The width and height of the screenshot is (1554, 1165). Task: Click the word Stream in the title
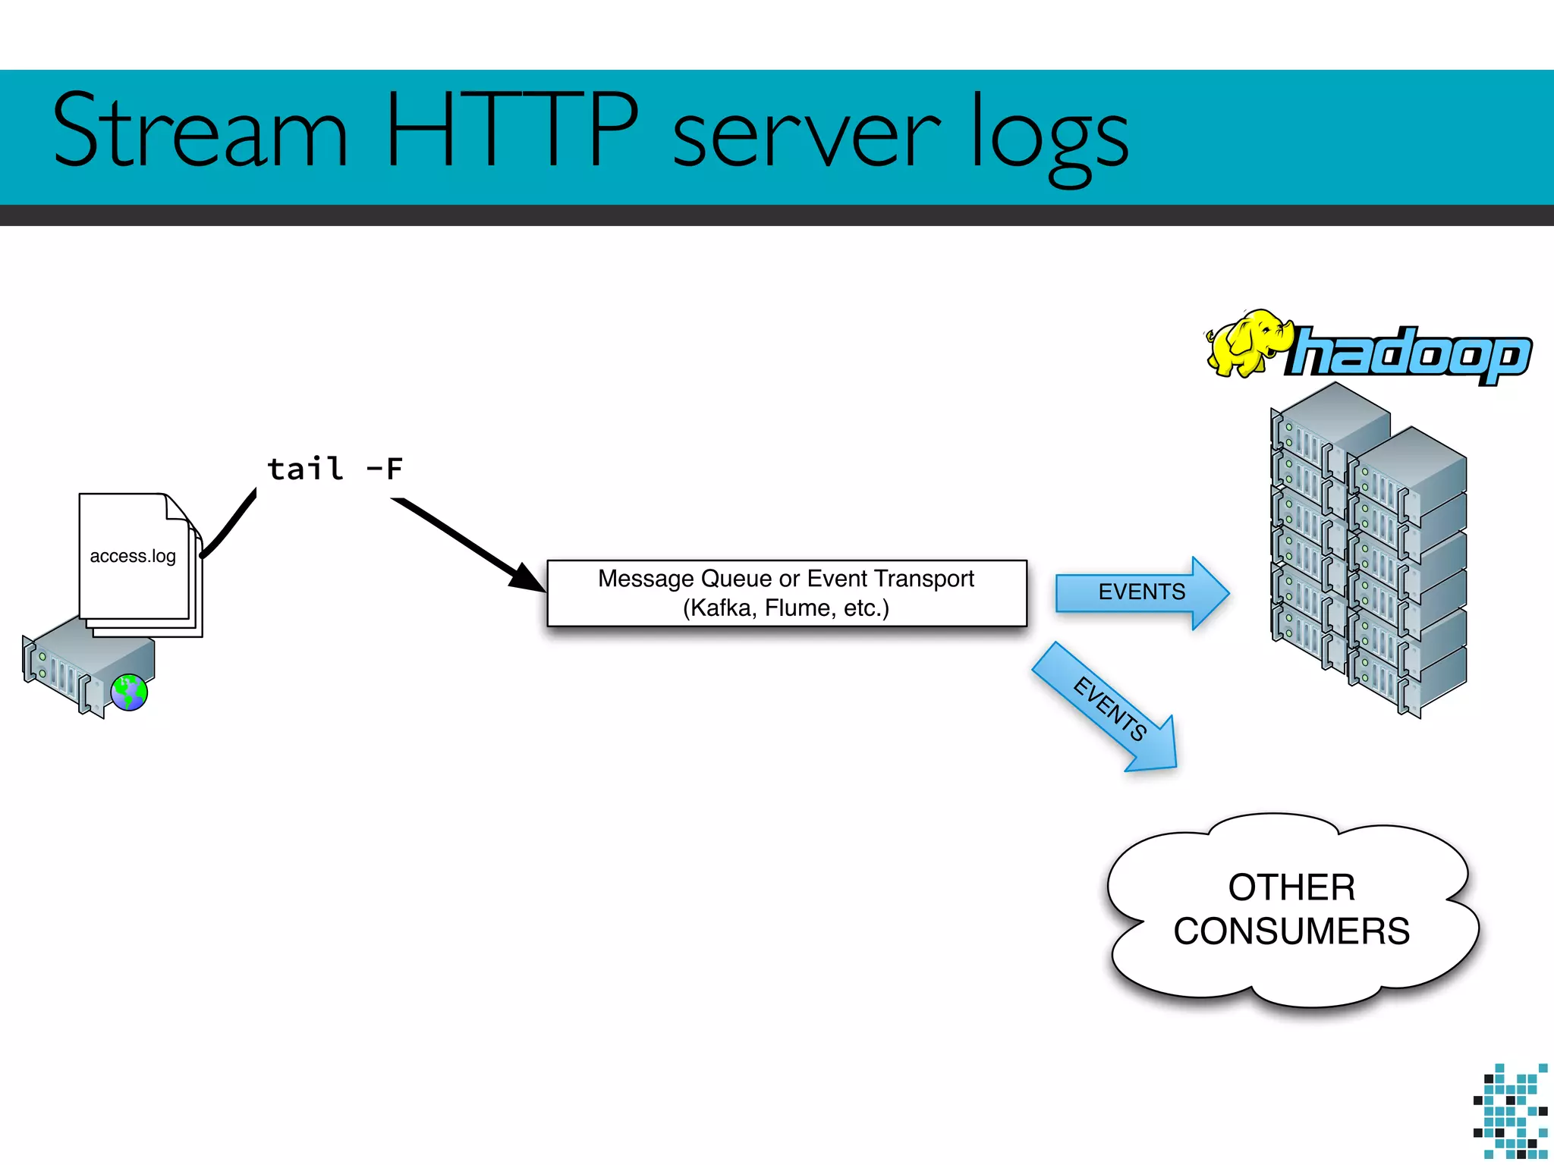[200, 130]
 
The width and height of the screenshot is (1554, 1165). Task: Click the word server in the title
[806, 137]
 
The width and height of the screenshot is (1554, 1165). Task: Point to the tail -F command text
[335, 469]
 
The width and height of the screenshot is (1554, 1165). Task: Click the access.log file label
[133, 556]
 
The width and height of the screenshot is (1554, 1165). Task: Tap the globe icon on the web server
[129, 692]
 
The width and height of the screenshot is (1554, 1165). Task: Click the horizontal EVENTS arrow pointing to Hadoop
[1141, 592]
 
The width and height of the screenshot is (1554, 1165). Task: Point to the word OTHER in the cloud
[1291, 887]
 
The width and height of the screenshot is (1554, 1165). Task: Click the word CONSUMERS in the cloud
[1291, 931]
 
